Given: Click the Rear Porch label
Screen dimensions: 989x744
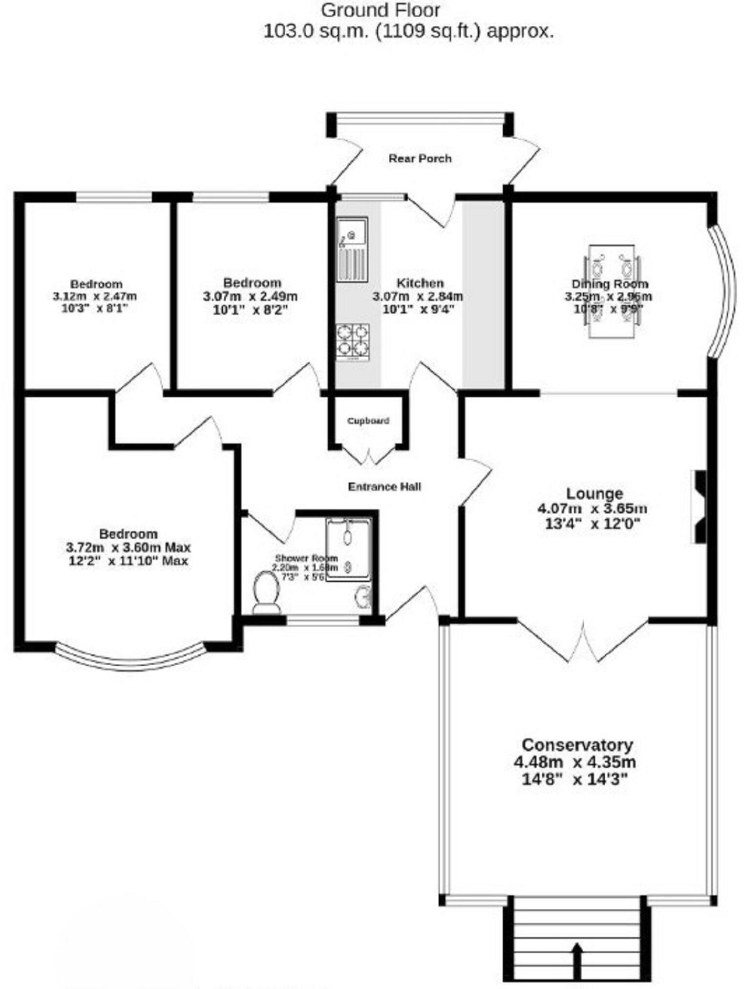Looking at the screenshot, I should click(420, 158).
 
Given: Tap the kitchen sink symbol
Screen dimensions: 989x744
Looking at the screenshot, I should click(352, 250).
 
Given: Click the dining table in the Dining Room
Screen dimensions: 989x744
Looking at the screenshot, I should click(612, 292).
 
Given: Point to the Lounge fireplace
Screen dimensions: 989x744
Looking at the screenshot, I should click(699, 507).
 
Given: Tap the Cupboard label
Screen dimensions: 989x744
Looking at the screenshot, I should click(368, 421).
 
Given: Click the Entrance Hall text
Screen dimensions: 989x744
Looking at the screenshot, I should click(384, 486).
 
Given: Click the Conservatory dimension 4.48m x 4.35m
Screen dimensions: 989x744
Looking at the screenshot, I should click(574, 762).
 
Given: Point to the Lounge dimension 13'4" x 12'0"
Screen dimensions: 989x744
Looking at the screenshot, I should click(592, 524).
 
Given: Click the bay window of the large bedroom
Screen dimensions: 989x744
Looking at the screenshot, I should click(129, 661).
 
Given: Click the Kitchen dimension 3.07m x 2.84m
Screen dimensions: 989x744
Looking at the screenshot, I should click(418, 296).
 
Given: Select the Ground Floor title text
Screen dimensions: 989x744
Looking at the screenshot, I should click(381, 10).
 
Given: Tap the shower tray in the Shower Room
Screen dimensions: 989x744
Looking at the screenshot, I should click(349, 549).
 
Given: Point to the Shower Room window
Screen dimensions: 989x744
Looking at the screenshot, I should click(322, 621).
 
